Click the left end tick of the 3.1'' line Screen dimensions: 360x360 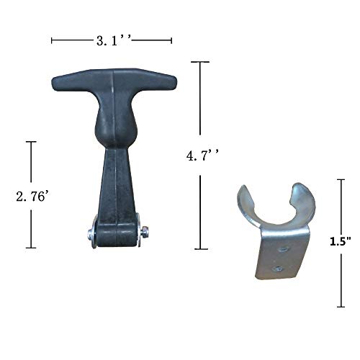click(52, 40)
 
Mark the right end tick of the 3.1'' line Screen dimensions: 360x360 click(171, 40)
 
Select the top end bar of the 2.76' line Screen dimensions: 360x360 click(31, 142)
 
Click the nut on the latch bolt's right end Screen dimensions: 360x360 click(145, 231)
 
